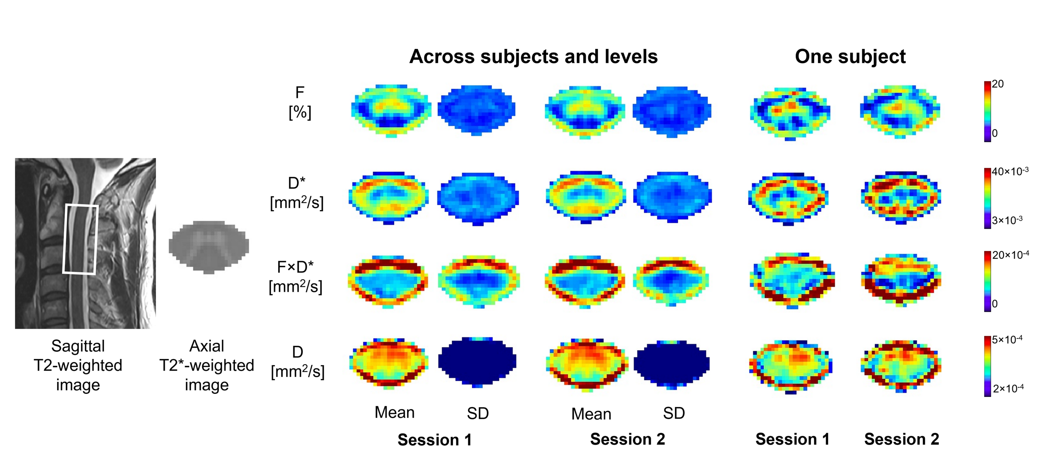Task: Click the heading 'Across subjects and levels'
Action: coord(533,56)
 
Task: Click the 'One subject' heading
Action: coord(850,56)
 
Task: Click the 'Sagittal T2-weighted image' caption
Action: coord(78,365)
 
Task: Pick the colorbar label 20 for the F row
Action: coord(997,84)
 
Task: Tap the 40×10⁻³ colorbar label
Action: coord(1010,171)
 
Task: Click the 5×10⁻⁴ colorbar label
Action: coord(1007,339)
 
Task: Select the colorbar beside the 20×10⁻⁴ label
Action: coord(987,282)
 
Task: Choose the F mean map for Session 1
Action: coord(391,111)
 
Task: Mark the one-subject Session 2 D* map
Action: coord(901,198)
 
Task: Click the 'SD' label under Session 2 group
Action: coord(674,413)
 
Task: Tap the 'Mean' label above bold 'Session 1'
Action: coord(395,412)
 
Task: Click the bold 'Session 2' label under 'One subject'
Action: coord(902,439)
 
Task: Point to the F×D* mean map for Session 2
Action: coord(585,282)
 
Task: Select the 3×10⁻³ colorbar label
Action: coord(1007,220)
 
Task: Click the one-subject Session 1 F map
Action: coord(790,113)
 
